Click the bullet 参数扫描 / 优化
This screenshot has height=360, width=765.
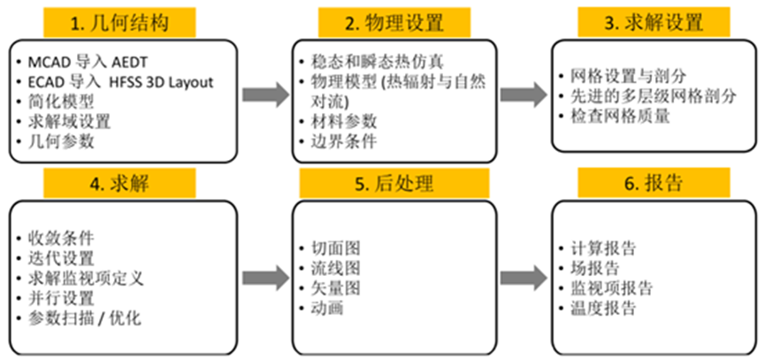83,317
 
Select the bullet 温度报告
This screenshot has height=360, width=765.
603,308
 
